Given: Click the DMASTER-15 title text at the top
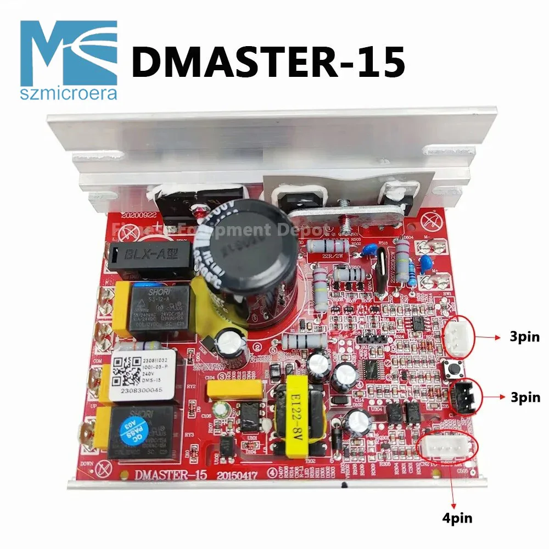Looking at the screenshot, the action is click(x=268, y=61).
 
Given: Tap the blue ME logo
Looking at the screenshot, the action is click(x=69, y=52).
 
